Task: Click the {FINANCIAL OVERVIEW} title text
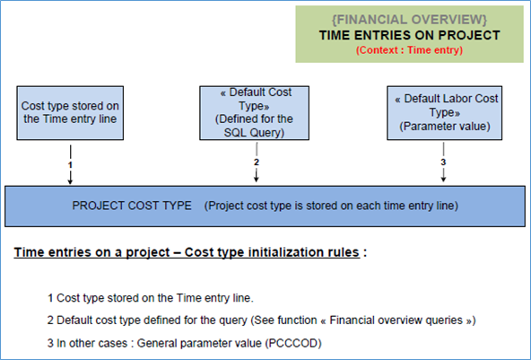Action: pyautogui.click(x=409, y=20)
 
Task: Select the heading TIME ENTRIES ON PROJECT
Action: pyautogui.click(x=409, y=35)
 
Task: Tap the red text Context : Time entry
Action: pyautogui.click(x=409, y=50)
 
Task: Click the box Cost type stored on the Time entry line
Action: pyautogui.click(x=70, y=113)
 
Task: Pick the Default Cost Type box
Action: pyautogui.click(x=255, y=113)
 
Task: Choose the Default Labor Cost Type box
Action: pyautogui.click(x=445, y=113)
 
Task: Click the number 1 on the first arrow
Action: pyautogui.click(x=70, y=165)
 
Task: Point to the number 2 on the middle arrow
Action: pyautogui.click(x=257, y=162)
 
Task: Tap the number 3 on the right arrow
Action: pyautogui.click(x=443, y=162)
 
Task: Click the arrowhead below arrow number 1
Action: pyautogui.click(x=70, y=181)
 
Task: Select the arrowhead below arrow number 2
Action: pyautogui.click(x=257, y=179)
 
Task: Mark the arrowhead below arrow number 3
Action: pyautogui.click(x=443, y=179)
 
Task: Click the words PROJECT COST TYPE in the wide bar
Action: pyautogui.click(x=132, y=206)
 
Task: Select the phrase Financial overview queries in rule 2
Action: pyautogui.click(x=396, y=320)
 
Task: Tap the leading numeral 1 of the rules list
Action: pyautogui.click(x=50, y=298)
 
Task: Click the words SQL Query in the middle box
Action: pyautogui.click(x=253, y=133)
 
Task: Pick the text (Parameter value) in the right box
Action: pyautogui.click(x=445, y=127)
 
